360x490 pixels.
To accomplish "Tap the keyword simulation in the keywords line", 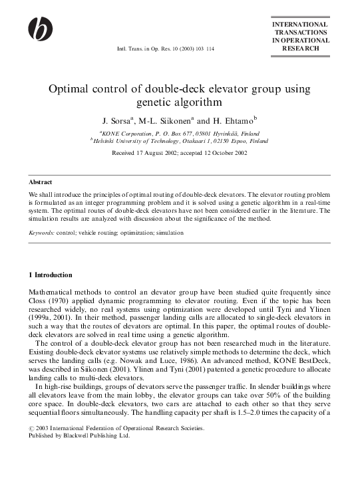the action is [169, 233].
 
